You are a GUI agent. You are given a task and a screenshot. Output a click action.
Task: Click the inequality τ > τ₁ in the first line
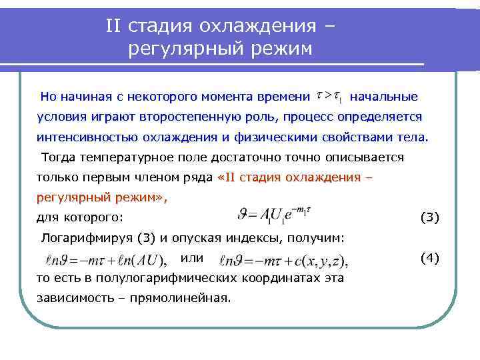point(329,97)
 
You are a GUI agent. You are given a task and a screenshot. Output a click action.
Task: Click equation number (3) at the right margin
point(429,217)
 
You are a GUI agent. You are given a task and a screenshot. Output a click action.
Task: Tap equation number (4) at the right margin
point(429,258)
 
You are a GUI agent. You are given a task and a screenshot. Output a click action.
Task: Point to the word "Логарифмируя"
point(86,238)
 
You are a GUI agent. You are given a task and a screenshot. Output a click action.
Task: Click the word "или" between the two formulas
point(192,257)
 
